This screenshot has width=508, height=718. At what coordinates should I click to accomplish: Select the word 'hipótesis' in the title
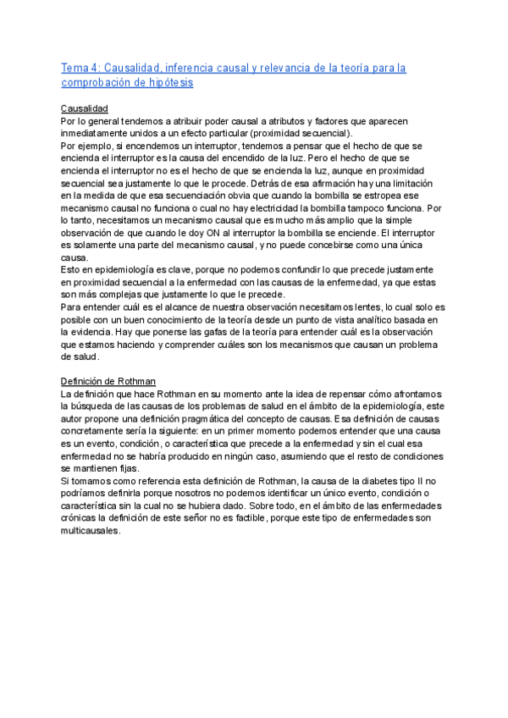(169, 82)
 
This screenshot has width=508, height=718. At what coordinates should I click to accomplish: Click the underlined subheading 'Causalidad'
(85, 109)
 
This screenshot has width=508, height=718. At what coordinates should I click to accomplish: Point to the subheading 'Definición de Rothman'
(108, 382)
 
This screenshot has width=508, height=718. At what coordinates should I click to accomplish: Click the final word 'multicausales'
(93, 531)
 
